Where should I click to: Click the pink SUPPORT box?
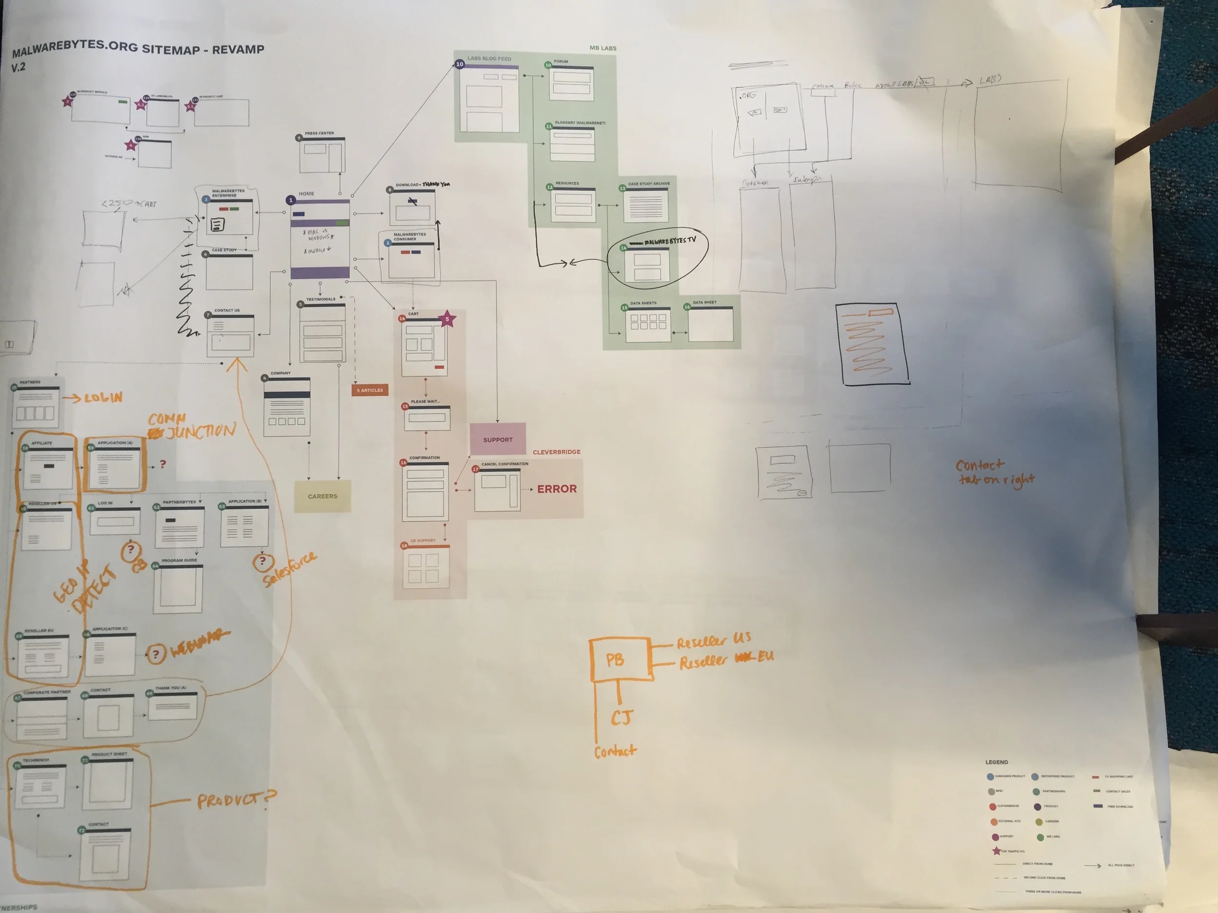(x=498, y=439)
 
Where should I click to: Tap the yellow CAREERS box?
(x=322, y=496)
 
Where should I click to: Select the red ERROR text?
(x=557, y=489)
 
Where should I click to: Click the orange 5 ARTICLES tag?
(x=370, y=390)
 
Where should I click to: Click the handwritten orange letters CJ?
(x=622, y=718)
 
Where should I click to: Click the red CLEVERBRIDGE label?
(x=556, y=452)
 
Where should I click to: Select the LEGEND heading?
(x=996, y=762)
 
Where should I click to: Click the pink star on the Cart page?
(x=447, y=318)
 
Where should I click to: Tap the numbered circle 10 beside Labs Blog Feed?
(x=460, y=64)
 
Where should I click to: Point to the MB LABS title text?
(x=603, y=48)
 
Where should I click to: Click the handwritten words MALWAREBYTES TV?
(x=669, y=241)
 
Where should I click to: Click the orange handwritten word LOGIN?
(x=103, y=397)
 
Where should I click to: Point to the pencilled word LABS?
(x=990, y=80)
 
